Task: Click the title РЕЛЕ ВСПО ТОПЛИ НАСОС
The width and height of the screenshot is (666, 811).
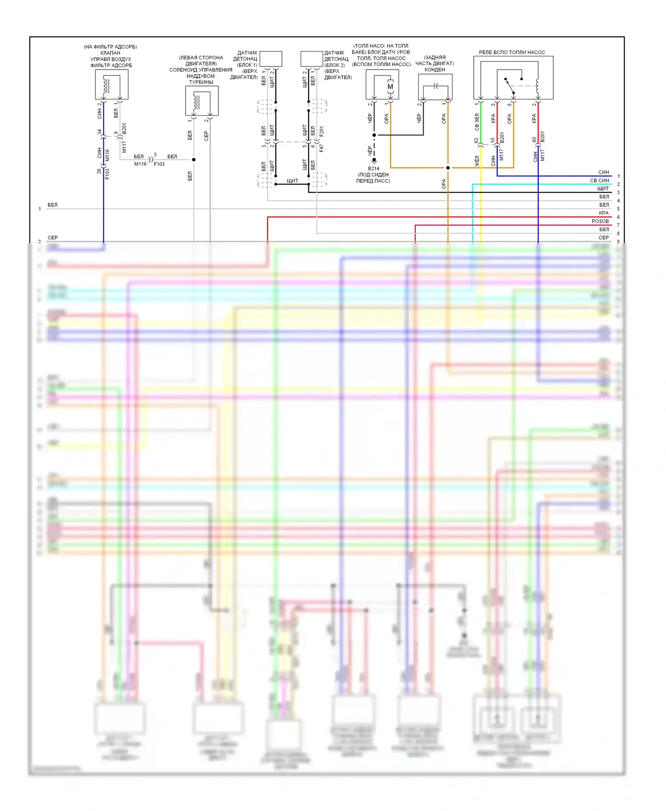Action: (511, 52)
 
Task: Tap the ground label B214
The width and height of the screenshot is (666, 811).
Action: (373, 169)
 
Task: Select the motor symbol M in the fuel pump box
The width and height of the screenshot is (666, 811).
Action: (390, 87)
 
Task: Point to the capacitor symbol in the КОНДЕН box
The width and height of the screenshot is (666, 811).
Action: (436, 86)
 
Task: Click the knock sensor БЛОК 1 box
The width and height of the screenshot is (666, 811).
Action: (271, 59)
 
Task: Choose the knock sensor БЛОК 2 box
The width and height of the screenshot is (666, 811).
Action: (312, 59)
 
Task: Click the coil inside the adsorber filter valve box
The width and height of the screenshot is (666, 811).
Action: (106, 85)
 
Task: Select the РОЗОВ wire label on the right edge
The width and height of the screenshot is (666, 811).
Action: (600, 221)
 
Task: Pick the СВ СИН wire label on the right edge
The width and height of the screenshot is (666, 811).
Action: (599, 181)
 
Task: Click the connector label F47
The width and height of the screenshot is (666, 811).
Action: (321, 148)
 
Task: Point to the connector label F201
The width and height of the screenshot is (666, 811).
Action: (321, 131)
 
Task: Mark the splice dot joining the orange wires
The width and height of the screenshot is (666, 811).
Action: (448, 168)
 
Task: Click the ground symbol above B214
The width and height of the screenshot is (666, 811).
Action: (374, 160)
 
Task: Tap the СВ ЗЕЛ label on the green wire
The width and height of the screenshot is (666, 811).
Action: (477, 122)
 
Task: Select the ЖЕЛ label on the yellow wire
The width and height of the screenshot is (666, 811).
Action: (477, 161)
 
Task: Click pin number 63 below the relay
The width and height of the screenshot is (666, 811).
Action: (476, 141)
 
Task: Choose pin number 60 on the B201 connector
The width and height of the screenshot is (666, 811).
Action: (534, 139)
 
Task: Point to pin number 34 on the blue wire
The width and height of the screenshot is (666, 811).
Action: (99, 132)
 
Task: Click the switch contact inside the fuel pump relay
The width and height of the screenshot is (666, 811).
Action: (510, 87)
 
